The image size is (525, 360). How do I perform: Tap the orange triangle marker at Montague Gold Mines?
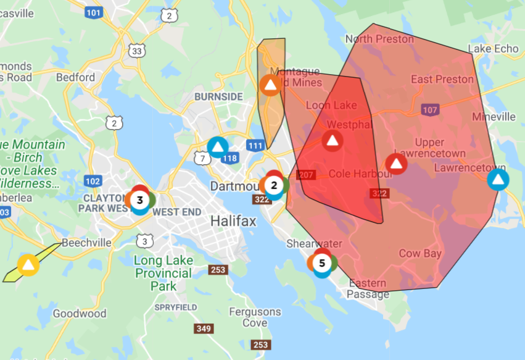click(270, 85)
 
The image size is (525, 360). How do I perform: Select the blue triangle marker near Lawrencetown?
click(498, 180)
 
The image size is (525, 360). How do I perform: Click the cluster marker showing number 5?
click(321, 263)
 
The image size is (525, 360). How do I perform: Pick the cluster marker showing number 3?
click(140, 199)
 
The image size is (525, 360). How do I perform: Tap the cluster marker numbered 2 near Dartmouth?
click(275, 185)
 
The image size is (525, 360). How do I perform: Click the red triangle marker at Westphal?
click(332, 141)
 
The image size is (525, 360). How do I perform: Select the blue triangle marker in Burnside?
click(217, 147)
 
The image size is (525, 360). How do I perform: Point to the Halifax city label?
click(233, 221)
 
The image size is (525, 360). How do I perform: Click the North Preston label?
click(379, 39)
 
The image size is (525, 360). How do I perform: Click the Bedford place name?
click(75, 77)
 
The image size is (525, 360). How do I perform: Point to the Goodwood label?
click(79, 314)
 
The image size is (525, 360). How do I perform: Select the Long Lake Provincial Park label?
click(163, 273)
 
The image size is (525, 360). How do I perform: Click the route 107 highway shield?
click(430, 109)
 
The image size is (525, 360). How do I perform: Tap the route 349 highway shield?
click(205, 328)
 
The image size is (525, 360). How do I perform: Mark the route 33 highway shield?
click(137, 51)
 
